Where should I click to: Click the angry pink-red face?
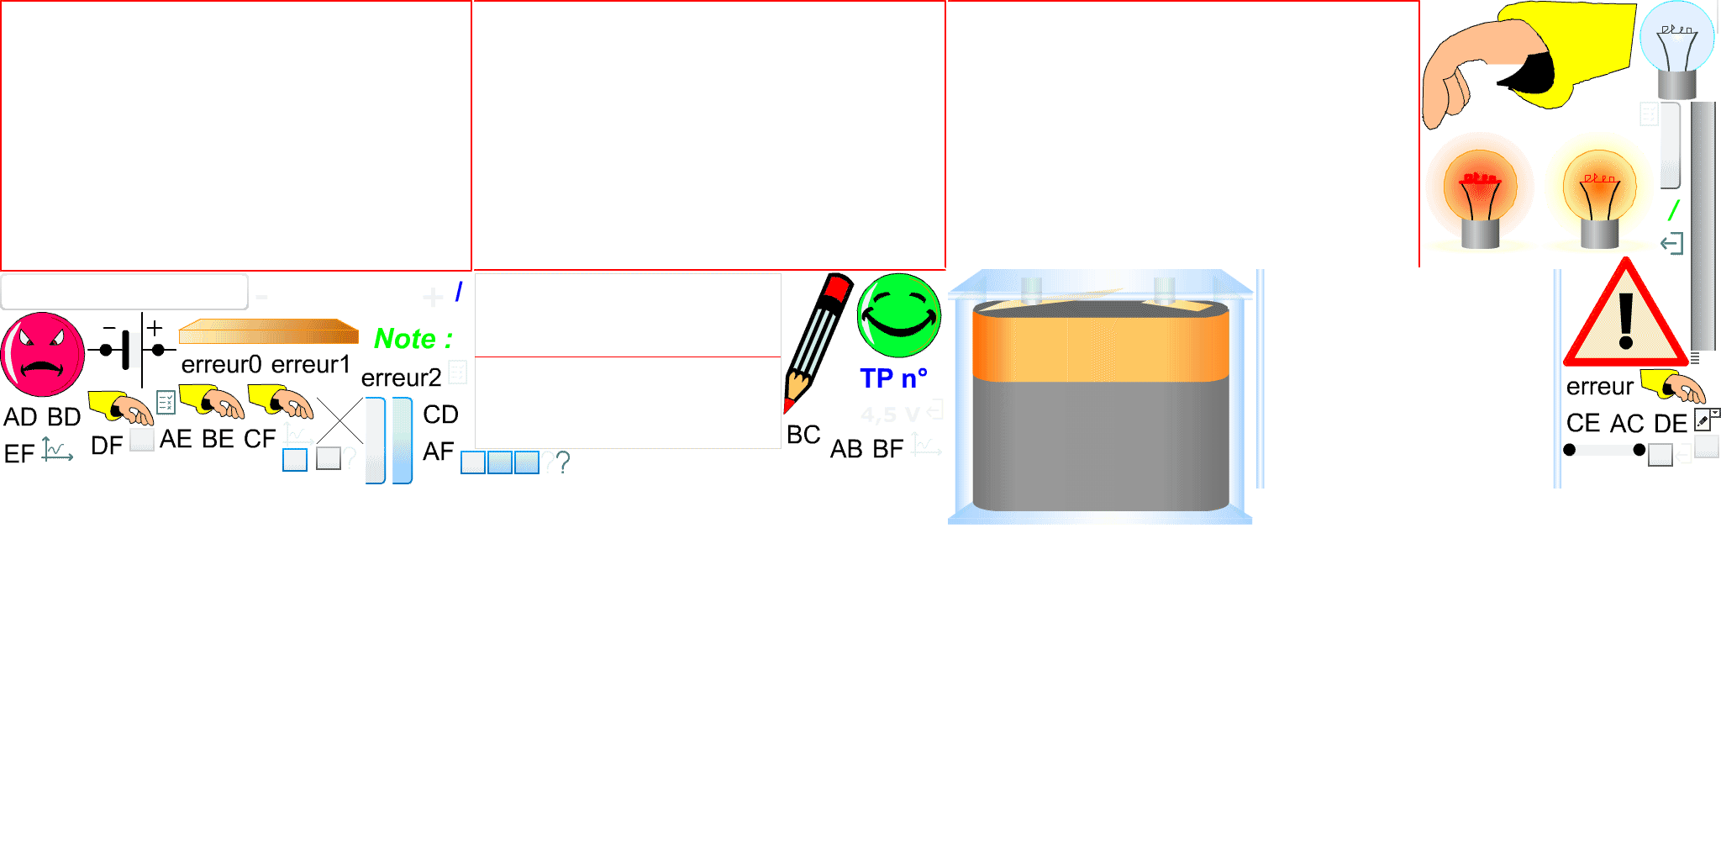[x=42, y=354]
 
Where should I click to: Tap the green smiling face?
[x=898, y=315]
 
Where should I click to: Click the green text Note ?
[x=413, y=339]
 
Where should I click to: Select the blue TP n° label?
[x=892, y=378]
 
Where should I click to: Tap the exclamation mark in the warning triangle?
[x=1626, y=320]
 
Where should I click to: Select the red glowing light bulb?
[x=1479, y=189]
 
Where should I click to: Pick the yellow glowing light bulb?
[x=1598, y=189]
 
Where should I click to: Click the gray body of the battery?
[x=1101, y=446]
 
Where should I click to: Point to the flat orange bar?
[x=269, y=332]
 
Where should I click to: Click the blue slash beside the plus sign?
[x=459, y=291]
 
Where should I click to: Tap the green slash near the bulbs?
[x=1673, y=209]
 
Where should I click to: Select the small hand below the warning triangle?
[x=1674, y=387]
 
